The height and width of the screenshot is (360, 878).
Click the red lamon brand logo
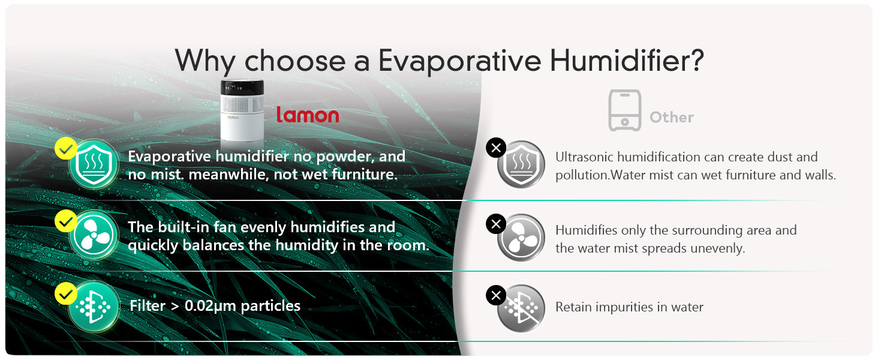308,115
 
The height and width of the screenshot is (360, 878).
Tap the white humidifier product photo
242,110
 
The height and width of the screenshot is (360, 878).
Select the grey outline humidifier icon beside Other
625,110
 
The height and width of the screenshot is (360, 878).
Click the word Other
672,117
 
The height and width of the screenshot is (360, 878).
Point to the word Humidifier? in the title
627,61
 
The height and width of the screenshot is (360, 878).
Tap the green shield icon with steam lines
94,164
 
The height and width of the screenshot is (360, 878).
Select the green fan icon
94,235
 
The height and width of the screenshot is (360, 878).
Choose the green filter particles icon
94,306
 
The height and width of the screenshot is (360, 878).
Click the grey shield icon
521,164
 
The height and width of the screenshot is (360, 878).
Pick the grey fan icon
521,238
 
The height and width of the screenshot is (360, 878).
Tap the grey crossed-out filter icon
521,308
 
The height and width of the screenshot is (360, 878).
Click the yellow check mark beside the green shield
66,148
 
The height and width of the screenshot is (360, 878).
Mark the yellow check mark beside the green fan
66,220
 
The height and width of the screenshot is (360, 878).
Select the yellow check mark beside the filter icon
66,293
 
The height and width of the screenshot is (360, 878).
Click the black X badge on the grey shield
496,148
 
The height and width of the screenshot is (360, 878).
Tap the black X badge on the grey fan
496,224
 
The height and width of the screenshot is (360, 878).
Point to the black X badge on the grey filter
496,295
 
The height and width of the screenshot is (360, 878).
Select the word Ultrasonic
584,157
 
